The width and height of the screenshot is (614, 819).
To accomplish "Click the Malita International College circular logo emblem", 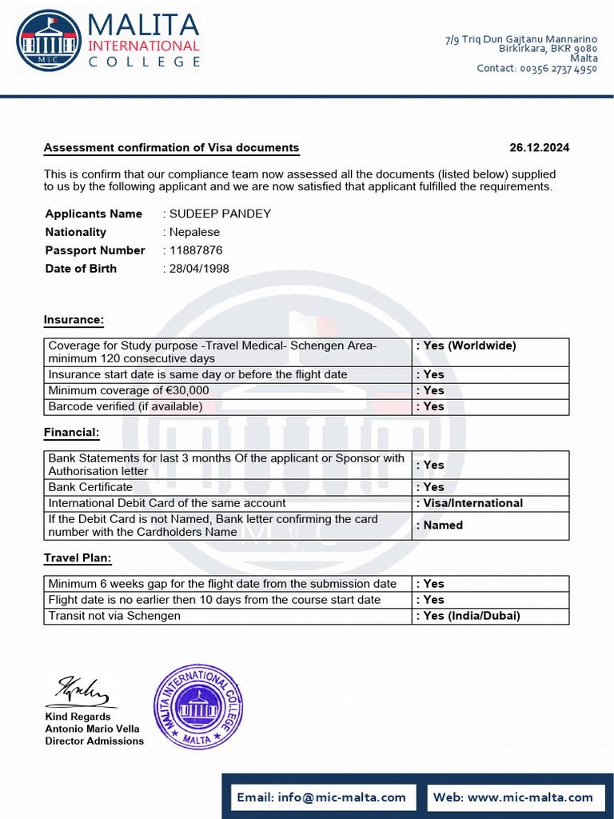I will point(49,40).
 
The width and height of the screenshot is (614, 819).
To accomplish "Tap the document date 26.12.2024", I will point(539,148).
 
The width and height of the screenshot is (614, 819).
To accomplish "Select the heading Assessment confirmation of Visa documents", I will point(171,148).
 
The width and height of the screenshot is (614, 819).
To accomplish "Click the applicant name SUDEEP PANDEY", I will point(220,214).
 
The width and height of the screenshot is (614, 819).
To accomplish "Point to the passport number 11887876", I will point(196,250).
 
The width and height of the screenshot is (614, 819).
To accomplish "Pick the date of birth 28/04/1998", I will point(199,269).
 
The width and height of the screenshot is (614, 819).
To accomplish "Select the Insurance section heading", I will point(74,320).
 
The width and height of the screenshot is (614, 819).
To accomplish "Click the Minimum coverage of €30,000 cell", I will point(129,390).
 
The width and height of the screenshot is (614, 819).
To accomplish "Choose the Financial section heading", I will point(71,433).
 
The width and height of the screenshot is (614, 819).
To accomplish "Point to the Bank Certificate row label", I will point(90,487).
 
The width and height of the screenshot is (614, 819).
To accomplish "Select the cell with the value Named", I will point(443,525).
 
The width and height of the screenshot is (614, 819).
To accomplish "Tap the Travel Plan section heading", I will point(78,557).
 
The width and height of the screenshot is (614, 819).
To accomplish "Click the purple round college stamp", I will point(197,706).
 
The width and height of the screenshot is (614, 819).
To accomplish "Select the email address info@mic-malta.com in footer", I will point(322,797).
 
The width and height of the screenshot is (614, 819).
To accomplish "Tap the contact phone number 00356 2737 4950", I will point(558,69).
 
